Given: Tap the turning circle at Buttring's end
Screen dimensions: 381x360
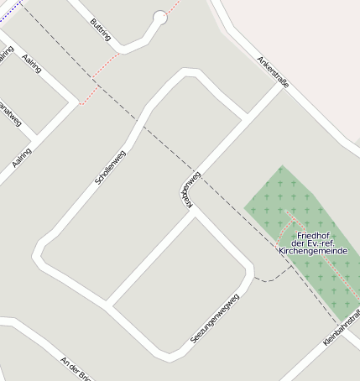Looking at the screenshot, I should coord(160,17).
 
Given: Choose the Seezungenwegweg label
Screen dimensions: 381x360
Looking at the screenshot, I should coord(210,318).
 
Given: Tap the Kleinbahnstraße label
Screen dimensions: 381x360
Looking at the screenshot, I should coord(342,328).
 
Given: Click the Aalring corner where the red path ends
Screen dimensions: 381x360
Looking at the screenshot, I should coord(81,105).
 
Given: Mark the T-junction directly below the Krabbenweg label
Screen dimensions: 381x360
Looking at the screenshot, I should coord(195,211).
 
